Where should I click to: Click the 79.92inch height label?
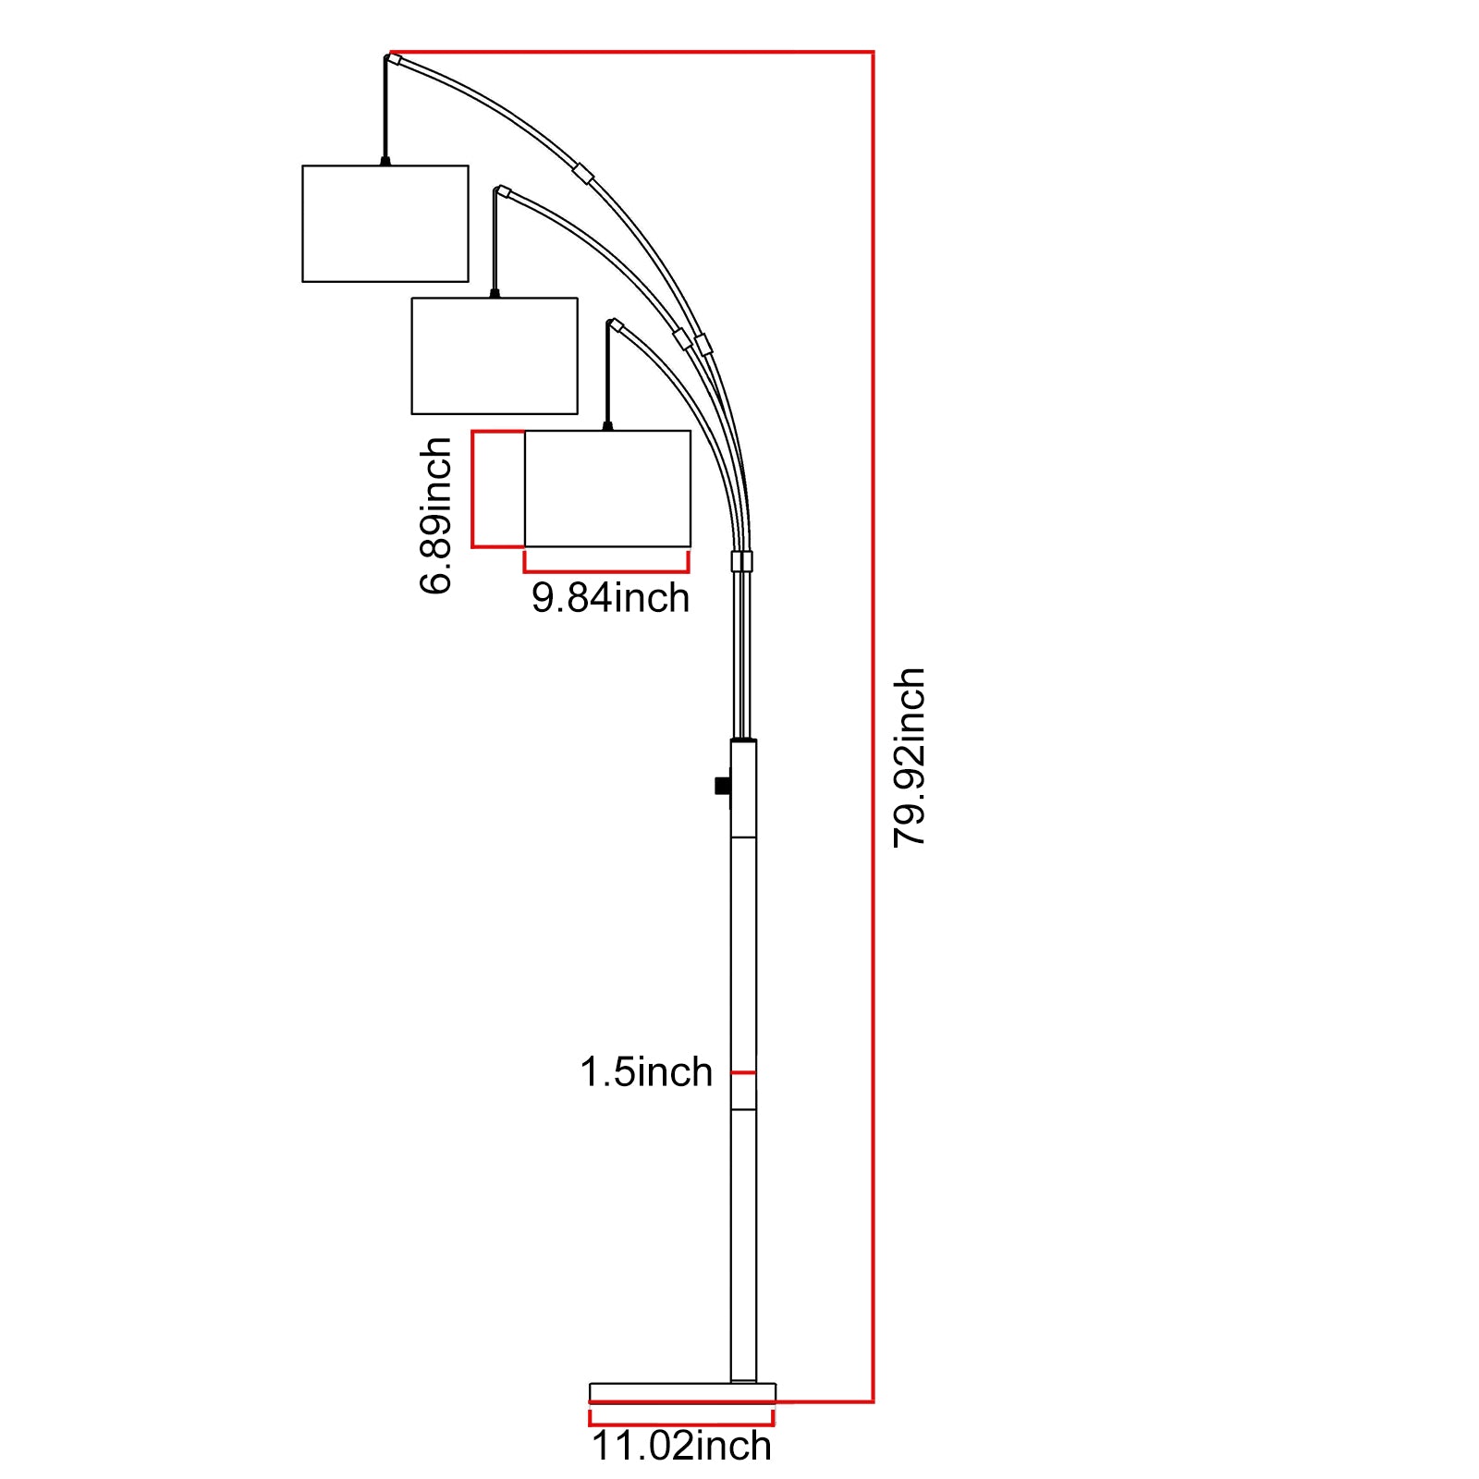(x=909, y=756)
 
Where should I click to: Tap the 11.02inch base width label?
(x=681, y=1446)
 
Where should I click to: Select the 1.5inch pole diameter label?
(x=646, y=1072)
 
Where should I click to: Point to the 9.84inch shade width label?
(x=610, y=598)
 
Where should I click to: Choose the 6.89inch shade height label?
(x=435, y=515)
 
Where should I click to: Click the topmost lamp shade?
(x=385, y=224)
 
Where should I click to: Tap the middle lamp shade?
(x=495, y=356)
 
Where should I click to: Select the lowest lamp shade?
(x=607, y=488)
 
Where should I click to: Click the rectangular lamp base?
(x=682, y=1392)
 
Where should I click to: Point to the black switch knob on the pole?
(x=722, y=786)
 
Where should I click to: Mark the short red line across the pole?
(x=743, y=1072)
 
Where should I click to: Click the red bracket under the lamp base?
(x=681, y=1424)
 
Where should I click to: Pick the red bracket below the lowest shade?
(x=606, y=569)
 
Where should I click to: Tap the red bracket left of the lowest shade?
(x=474, y=489)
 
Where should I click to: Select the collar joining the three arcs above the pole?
(x=741, y=561)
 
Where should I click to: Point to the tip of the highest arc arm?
(x=394, y=59)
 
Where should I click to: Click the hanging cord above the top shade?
(x=385, y=111)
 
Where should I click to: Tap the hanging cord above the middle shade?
(x=495, y=245)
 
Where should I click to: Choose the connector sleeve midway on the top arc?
(x=582, y=173)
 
